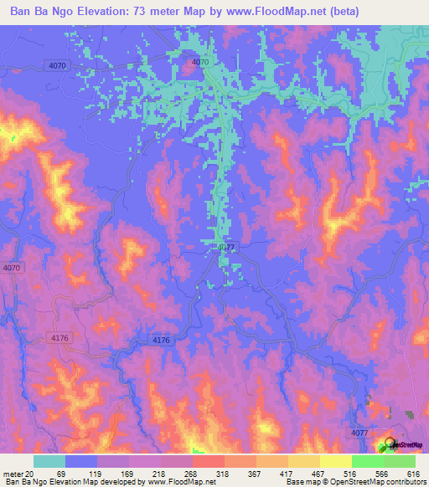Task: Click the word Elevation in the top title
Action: pyautogui.click(x=102, y=11)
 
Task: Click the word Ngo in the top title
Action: pyautogui.click(x=59, y=11)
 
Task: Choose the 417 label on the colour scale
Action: pyautogui.click(x=312, y=473)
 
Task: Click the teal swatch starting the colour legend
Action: pyautogui.click(x=49, y=461)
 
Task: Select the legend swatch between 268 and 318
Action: pyautogui.click(x=209, y=461)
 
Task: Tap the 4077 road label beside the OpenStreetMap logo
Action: pyautogui.click(x=359, y=433)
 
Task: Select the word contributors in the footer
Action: pyautogui.click(x=401, y=482)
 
